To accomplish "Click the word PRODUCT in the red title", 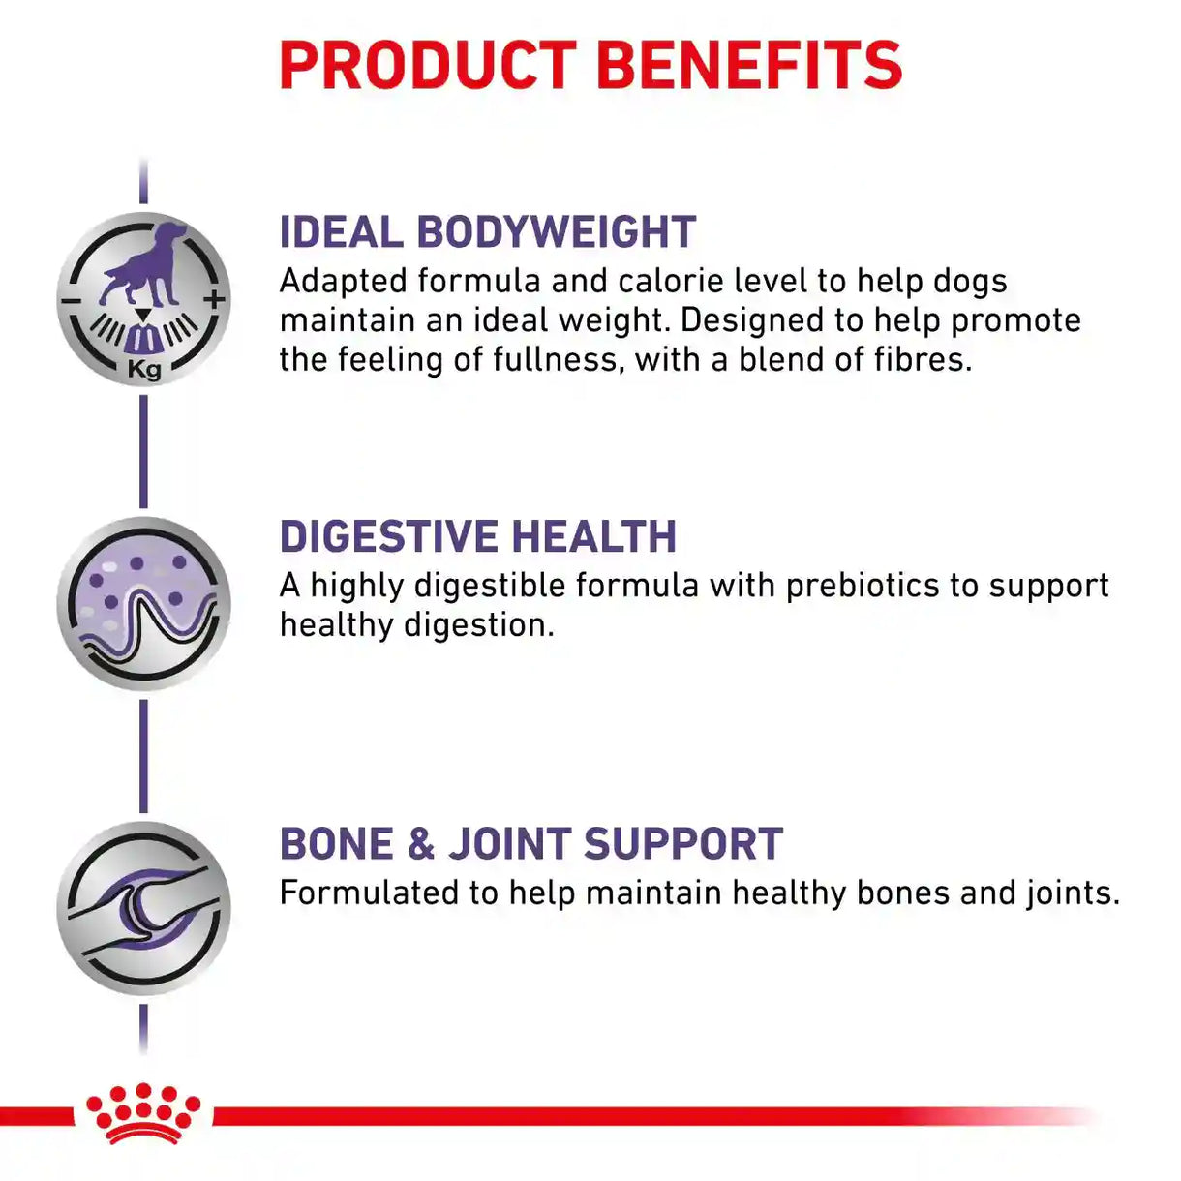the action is [428, 66].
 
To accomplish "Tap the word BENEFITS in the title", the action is [749, 66].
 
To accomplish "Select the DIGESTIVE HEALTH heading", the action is [478, 536].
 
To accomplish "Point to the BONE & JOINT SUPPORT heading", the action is [531, 843].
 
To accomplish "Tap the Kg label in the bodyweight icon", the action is [144, 369].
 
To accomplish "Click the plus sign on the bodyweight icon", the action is [215, 300].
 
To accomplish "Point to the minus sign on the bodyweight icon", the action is [71, 301].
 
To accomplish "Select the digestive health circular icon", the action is [144, 604].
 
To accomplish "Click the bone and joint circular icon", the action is [144, 908].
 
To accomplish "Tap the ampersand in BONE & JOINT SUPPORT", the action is [420, 843].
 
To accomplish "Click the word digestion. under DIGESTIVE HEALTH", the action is [478, 626].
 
